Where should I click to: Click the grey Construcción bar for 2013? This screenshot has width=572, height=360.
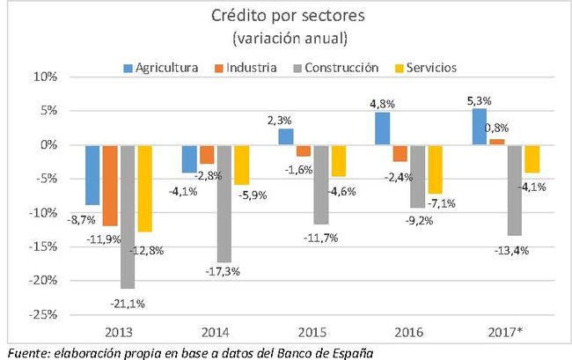[128, 217]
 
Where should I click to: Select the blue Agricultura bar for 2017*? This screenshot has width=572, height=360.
[479, 127]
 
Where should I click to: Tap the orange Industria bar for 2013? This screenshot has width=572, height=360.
[109, 185]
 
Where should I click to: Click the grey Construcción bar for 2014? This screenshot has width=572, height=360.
[225, 203]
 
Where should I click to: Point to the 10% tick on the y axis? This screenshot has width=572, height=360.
[44, 77]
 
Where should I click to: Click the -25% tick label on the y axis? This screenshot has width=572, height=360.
[41, 315]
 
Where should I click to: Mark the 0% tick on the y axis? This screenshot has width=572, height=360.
[46, 144]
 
